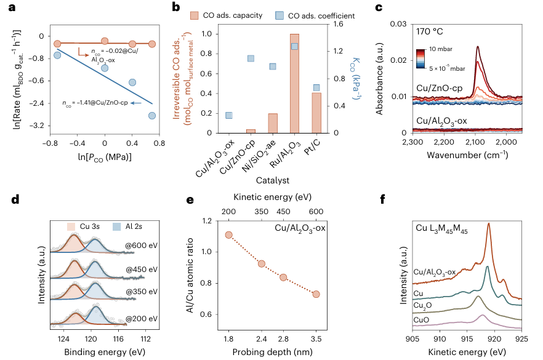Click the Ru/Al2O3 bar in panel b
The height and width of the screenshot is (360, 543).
coord(294,83)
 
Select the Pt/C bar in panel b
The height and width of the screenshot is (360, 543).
coord(316,113)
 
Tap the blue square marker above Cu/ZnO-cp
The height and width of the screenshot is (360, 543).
coord(251,58)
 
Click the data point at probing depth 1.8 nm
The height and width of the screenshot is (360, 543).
coord(228,234)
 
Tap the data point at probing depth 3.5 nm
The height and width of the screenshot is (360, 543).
coord(316,294)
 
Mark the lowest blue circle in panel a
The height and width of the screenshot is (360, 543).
coord(151,115)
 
